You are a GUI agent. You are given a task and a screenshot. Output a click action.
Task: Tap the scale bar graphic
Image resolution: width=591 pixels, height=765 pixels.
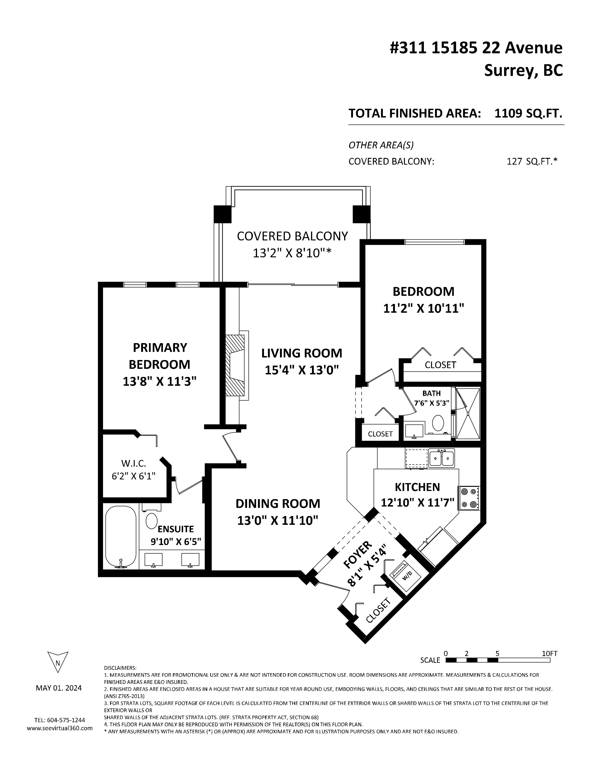[x=498, y=660]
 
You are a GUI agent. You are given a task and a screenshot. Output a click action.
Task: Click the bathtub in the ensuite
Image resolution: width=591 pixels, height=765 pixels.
[x=121, y=537]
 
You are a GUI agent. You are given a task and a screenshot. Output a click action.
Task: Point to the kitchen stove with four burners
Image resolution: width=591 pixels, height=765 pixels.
[x=469, y=498]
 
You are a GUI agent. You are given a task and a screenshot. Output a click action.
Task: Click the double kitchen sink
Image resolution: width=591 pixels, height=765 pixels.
[x=442, y=458]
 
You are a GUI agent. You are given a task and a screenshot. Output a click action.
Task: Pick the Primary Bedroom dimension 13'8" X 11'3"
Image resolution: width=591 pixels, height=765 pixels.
[x=160, y=381]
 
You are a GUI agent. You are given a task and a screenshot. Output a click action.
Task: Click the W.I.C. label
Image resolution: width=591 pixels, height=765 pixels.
[x=133, y=463]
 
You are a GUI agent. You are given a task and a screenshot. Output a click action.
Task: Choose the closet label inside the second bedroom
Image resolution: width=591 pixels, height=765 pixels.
[x=440, y=365]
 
